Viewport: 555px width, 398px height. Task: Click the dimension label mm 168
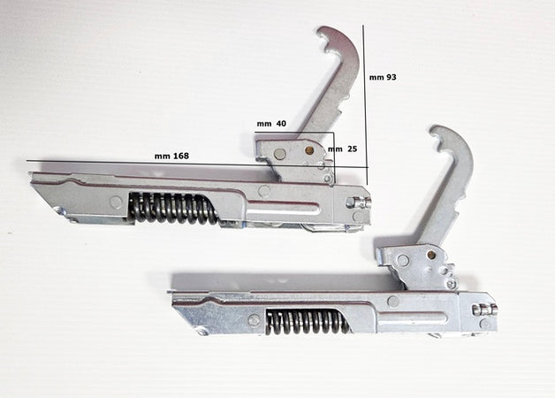click(x=171, y=156)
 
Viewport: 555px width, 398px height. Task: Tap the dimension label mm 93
click(x=383, y=77)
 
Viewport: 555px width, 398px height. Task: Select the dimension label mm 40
click(x=271, y=124)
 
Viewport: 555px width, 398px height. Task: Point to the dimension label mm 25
click(x=343, y=149)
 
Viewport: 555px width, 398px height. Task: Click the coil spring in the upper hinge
click(x=172, y=209)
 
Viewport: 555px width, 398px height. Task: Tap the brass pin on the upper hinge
click(x=309, y=150)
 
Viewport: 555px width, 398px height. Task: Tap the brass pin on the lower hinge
click(x=431, y=255)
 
